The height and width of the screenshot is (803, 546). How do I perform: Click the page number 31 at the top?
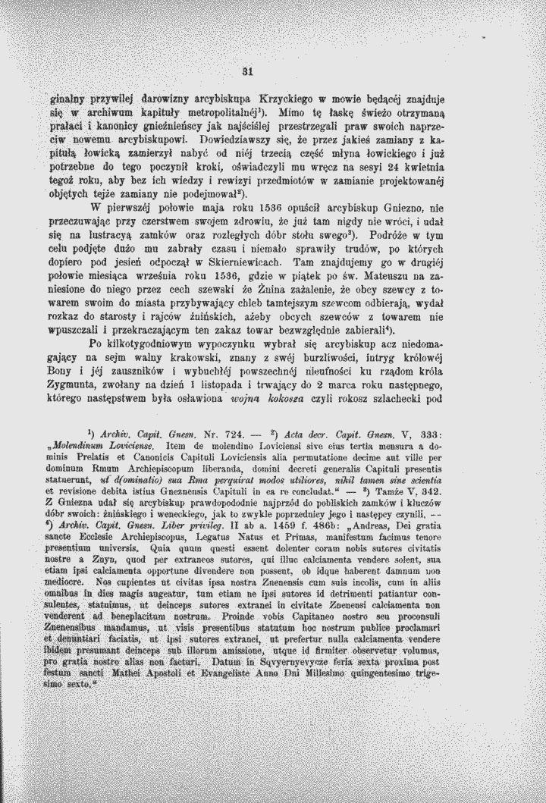246,73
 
